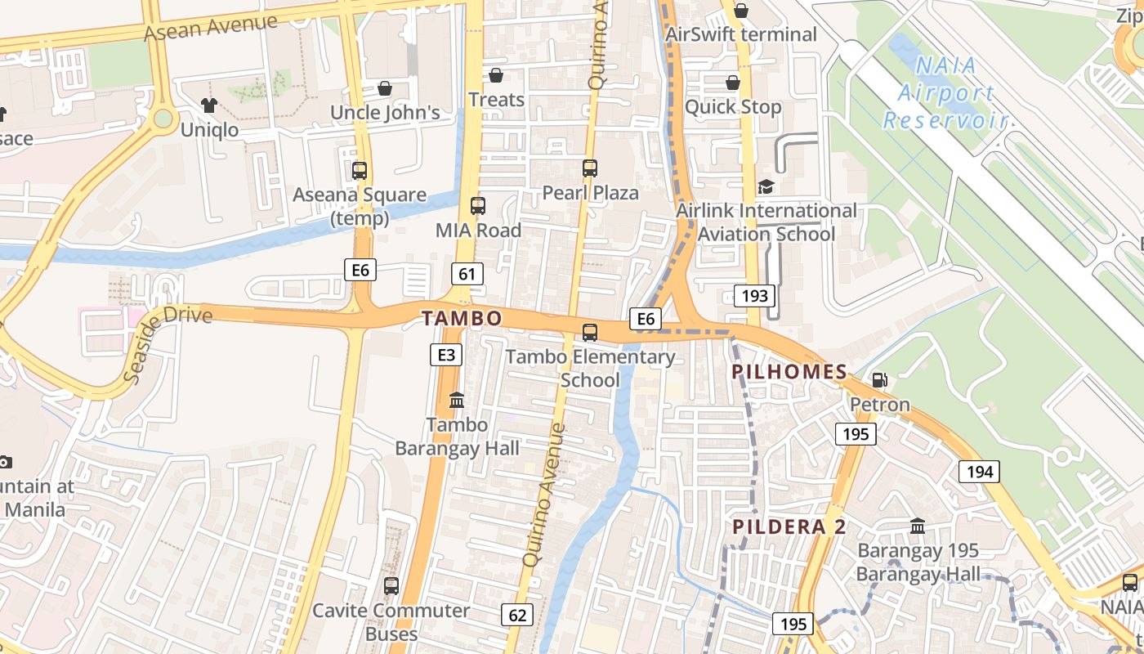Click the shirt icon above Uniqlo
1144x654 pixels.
point(209,105)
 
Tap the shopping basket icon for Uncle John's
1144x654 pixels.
point(385,87)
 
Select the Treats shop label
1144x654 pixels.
point(496,100)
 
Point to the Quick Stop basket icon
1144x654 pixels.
point(733,83)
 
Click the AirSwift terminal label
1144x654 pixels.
point(740,34)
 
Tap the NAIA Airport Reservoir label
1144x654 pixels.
point(945,93)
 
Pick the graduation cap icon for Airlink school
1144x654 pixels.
point(766,186)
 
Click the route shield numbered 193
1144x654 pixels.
point(753,295)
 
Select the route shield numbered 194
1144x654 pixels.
point(979,471)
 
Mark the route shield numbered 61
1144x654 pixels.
point(467,273)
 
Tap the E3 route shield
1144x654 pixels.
point(446,354)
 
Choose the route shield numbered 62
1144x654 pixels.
point(516,615)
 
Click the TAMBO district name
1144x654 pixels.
point(462,318)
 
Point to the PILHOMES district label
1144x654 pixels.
point(789,372)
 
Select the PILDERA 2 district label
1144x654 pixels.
point(789,526)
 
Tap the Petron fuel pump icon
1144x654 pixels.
point(879,379)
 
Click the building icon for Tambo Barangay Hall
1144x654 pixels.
point(457,401)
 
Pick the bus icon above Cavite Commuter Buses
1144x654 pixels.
point(391,585)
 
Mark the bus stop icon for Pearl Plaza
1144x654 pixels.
point(590,168)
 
